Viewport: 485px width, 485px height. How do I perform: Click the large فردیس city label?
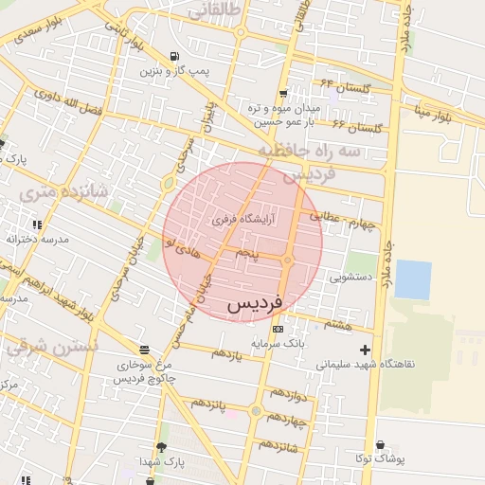point(255,305)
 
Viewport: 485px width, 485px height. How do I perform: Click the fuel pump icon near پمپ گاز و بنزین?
point(173,56)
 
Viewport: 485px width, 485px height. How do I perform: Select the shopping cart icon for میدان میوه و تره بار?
point(283,94)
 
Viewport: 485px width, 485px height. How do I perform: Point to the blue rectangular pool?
point(412,278)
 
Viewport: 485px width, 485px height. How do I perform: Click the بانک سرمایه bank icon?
point(277,328)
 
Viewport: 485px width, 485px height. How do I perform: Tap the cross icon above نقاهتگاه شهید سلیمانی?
point(365,350)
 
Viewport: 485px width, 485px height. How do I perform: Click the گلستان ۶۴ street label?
point(341,87)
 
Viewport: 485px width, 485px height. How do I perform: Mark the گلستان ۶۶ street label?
point(357,126)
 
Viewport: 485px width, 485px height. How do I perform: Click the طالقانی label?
point(216,11)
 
